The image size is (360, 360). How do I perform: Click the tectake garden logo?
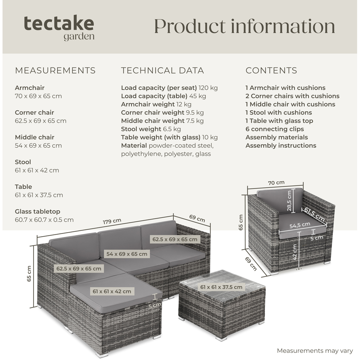tap(59, 28)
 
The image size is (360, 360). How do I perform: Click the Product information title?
tap(244, 26)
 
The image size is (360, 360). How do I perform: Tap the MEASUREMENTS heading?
tap(55, 71)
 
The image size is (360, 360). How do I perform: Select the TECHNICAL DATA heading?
tap(162, 71)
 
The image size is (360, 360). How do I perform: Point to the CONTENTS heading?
tap(271, 71)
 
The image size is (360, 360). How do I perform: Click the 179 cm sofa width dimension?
tap(112, 221)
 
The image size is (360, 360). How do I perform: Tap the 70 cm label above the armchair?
tap(276, 183)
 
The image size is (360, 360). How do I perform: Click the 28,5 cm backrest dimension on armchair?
tap(289, 201)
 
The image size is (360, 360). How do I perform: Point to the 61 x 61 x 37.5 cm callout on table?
tap(221, 287)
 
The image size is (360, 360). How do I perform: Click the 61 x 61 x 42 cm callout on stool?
tap(112, 291)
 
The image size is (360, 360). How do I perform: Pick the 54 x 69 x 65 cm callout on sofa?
tap(126, 254)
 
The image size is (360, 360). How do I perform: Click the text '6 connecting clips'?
tap(274, 129)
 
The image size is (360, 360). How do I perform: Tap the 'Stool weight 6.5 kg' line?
tap(151, 129)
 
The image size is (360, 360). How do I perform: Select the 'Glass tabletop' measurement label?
tap(37, 212)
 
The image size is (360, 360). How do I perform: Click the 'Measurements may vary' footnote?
tap(315, 351)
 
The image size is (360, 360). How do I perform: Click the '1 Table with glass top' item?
tap(279, 121)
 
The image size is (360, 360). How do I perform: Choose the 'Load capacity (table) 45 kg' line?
tap(163, 96)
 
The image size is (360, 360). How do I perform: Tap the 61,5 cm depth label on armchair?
tap(314, 214)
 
